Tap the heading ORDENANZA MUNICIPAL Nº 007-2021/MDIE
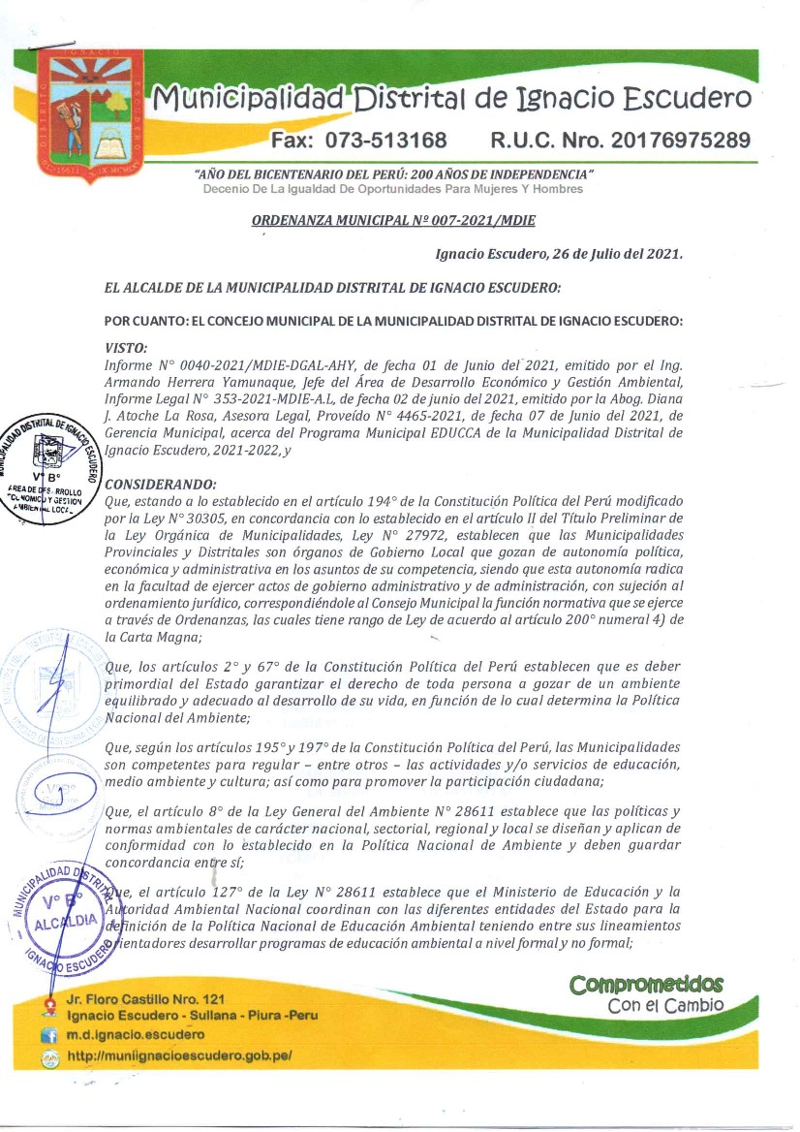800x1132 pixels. coord(393,220)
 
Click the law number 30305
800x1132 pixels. coord(200,519)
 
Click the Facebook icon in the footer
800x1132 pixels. coord(46,1037)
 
